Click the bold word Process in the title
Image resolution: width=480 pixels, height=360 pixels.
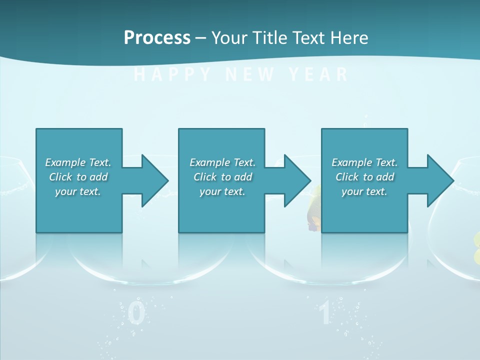pos(157,37)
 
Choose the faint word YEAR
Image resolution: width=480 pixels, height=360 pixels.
pos(318,75)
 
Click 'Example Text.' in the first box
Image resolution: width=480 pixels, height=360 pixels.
pos(78,162)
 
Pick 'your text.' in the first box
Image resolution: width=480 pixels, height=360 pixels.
pos(78,191)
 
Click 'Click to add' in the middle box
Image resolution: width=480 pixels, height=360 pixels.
pos(222,177)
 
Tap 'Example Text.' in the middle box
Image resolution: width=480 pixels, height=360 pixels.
pos(222,162)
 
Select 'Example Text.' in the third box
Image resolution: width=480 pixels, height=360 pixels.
pos(364,162)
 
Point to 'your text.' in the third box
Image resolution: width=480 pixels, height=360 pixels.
pos(364,191)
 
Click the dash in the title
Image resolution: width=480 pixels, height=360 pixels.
pos(201,38)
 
